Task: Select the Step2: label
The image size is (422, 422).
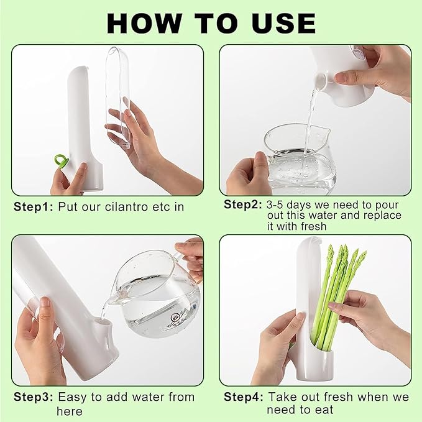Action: pos(243,204)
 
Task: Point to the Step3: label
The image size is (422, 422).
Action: pos(33,397)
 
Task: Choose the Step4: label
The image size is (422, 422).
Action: pos(243,397)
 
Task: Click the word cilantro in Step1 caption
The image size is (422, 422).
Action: pos(124,207)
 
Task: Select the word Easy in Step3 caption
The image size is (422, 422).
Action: pos(71,397)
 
